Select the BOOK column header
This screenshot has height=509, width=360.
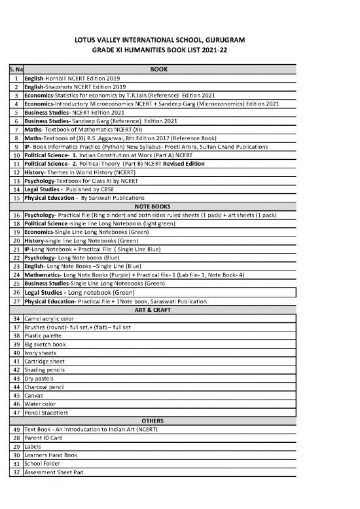pos(159,68)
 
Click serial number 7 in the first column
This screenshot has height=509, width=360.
pos(15,130)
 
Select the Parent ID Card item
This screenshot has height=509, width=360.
pos(44,437)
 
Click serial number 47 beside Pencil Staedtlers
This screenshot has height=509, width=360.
pos(15,412)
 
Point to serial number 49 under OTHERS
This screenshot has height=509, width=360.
pos(15,428)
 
